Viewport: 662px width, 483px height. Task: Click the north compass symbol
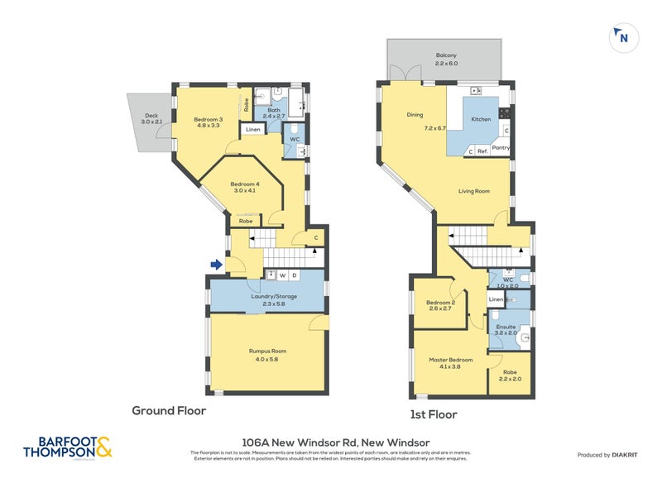pos(622,37)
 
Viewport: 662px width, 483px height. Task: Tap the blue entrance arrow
pos(216,265)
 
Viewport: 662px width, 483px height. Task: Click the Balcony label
pos(447,55)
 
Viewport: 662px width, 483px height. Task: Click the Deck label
pos(151,117)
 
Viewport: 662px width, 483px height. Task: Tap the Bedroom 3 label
pos(207,121)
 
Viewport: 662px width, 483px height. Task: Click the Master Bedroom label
pos(450,360)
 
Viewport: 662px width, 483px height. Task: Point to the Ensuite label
pos(506,327)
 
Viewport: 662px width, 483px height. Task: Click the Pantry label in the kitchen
pos(501,148)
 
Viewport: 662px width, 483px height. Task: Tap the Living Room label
pos(474,191)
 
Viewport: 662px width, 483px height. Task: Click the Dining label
pos(415,115)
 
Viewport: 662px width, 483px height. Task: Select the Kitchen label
pos(481,119)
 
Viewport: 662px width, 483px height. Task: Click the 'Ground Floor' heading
pos(169,410)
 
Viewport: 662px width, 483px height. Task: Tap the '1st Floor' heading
pos(434,414)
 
